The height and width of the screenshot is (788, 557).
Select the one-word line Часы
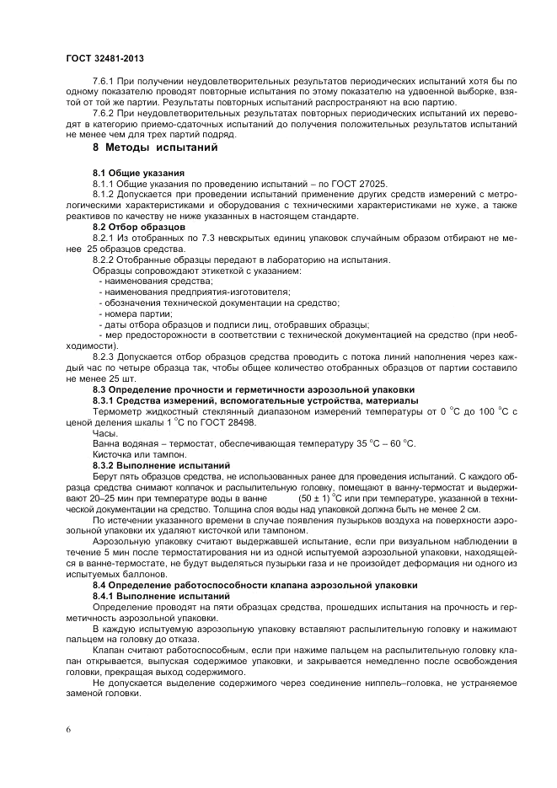pyautogui.click(x=105, y=433)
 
